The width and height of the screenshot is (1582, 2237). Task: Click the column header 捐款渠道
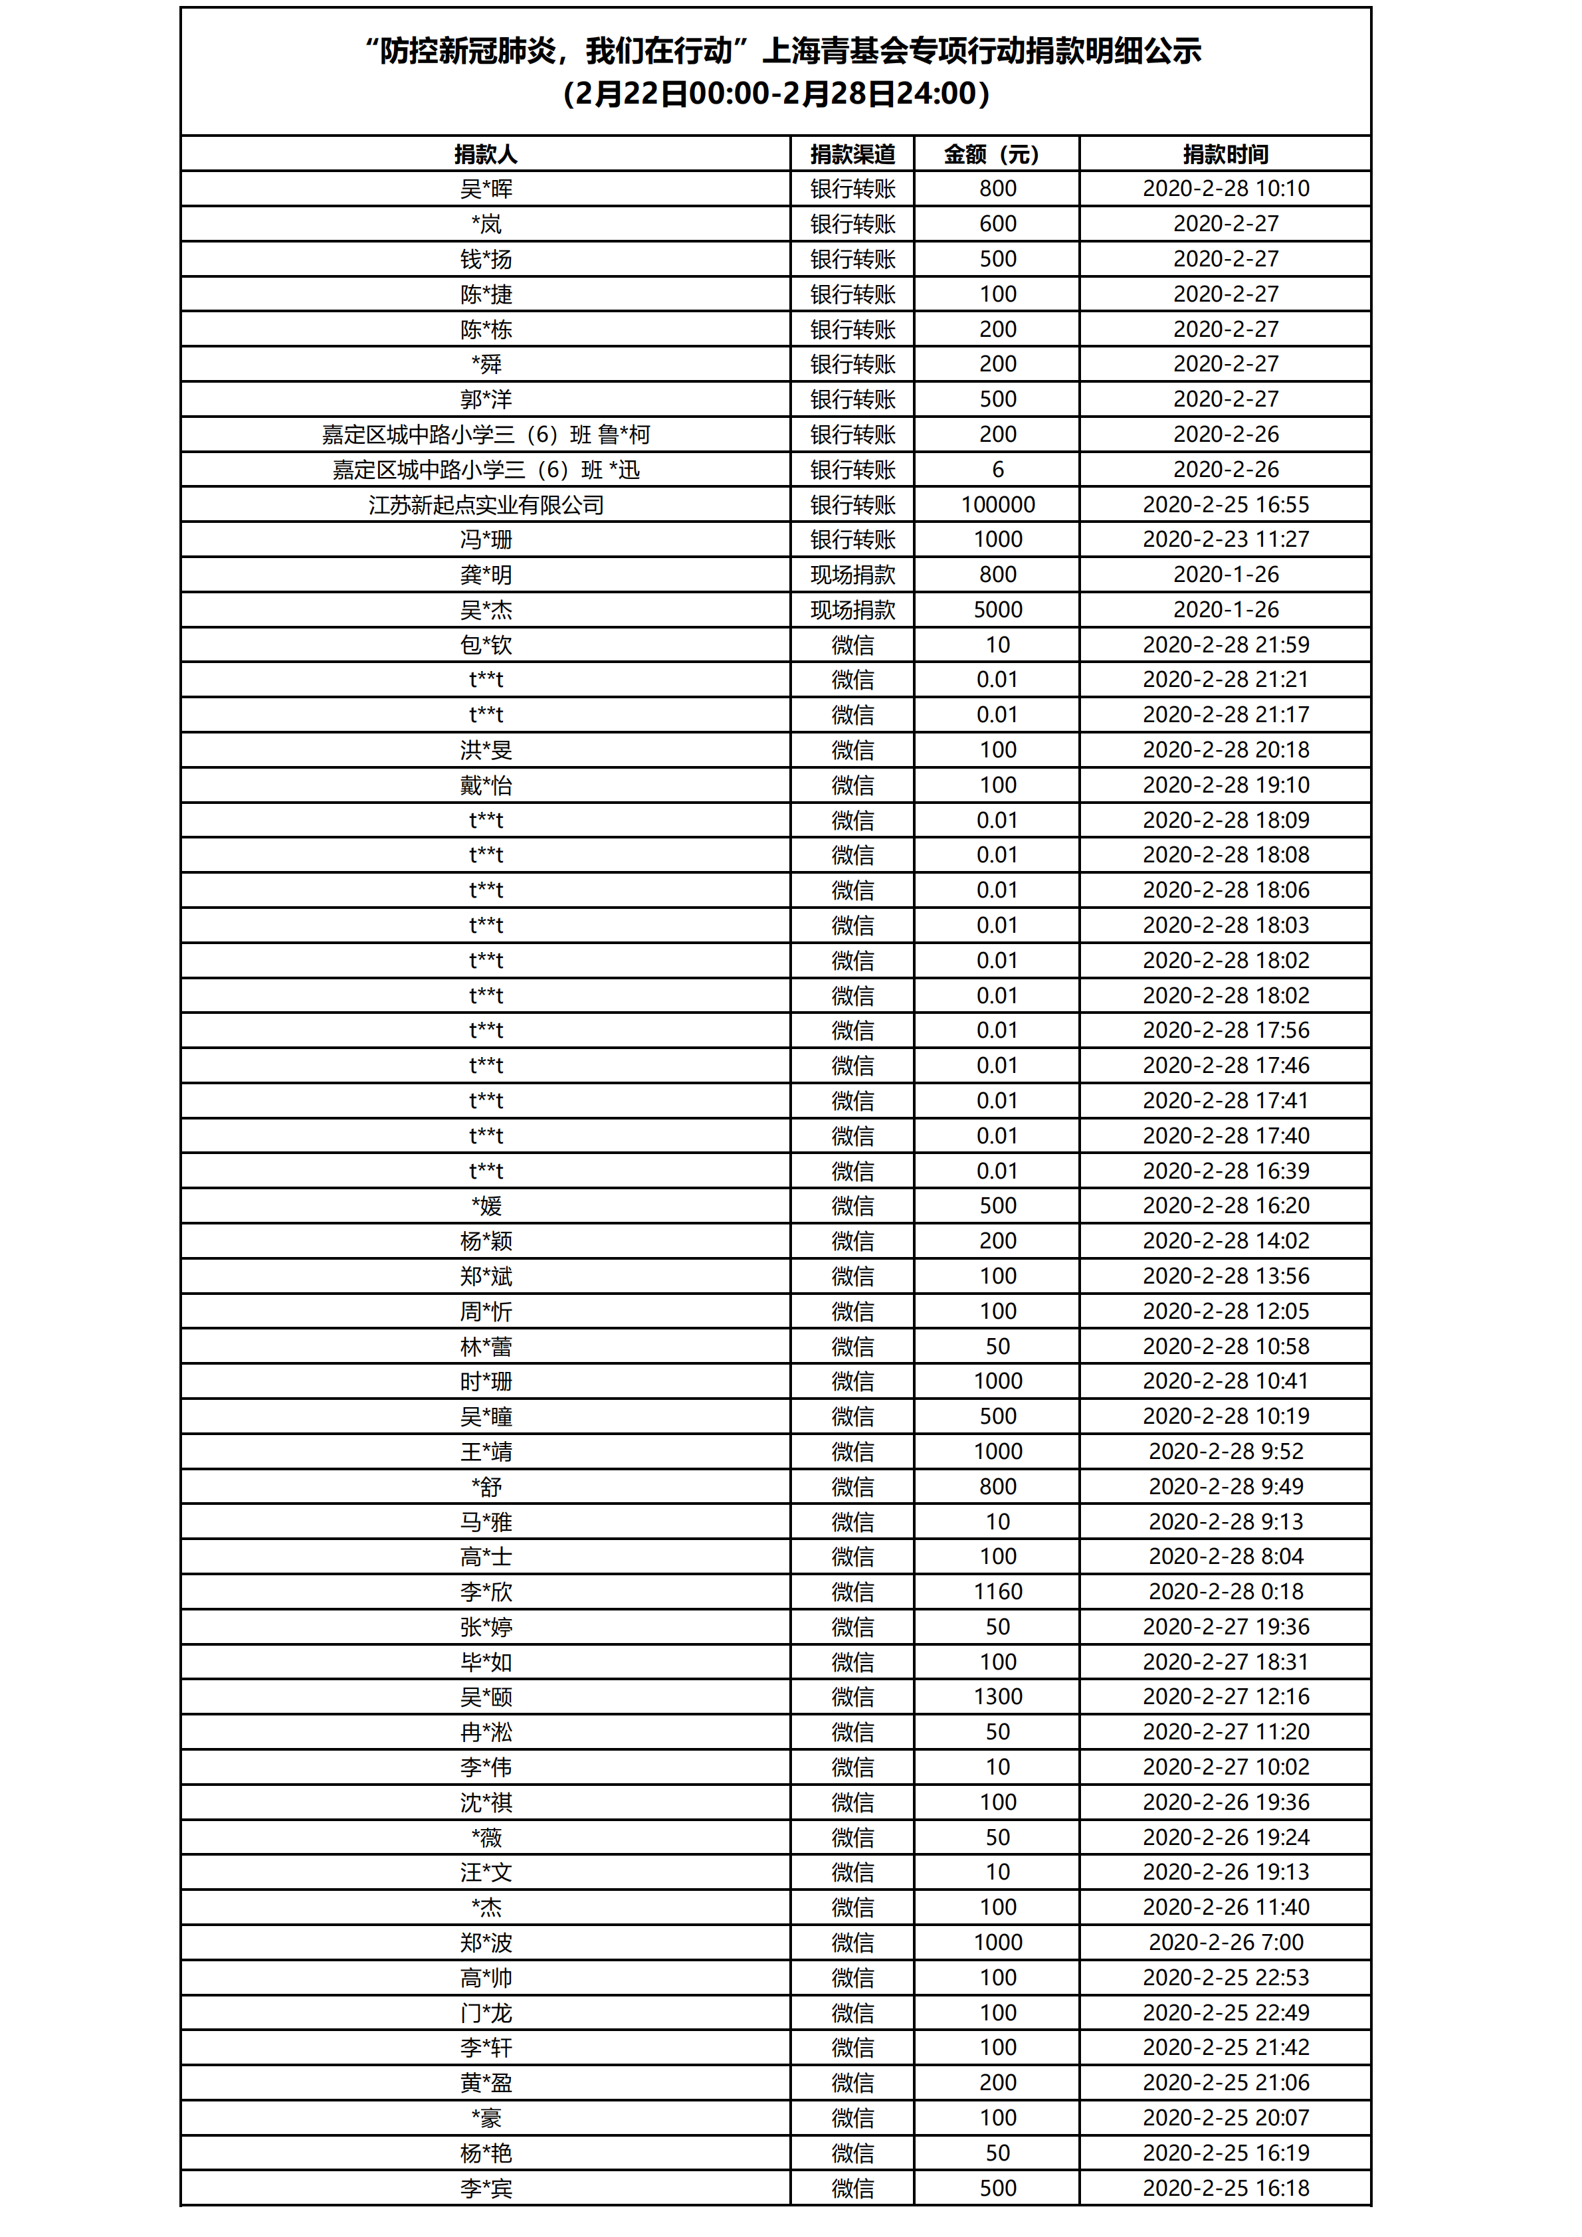pos(852,154)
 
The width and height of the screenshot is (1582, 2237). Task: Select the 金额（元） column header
pos(997,154)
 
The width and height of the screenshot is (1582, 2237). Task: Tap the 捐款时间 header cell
pos(1225,154)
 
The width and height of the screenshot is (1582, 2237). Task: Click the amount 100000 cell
pos(997,505)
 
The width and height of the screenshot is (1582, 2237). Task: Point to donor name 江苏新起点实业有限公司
pos(486,505)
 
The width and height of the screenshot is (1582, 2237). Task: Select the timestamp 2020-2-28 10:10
pos(1225,188)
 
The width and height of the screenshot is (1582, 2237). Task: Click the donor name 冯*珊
pos(486,539)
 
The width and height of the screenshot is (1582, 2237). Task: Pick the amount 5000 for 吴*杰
pos(997,610)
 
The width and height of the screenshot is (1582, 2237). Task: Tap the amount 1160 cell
pos(997,1592)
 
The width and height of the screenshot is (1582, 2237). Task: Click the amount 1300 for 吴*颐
pos(997,1698)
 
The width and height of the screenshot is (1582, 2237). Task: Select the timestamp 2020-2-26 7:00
pos(1225,1943)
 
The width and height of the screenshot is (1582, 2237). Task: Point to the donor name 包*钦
pos(486,645)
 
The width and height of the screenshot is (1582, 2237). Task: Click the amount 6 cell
pos(997,470)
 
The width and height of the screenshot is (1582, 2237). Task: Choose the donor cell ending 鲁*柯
pos(486,435)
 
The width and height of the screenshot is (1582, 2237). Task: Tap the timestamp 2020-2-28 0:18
pos(1225,1592)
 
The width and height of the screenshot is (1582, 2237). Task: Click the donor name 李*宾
pos(486,2188)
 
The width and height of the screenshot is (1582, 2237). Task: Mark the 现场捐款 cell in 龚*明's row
pos(852,575)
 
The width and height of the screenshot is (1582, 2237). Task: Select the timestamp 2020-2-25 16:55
pos(1225,505)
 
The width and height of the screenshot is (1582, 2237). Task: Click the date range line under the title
pos(777,94)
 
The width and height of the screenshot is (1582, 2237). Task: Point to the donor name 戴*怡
pos(486,785)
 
